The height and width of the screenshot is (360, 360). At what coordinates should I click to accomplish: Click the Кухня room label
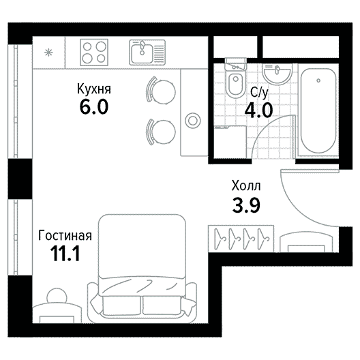point(94,89)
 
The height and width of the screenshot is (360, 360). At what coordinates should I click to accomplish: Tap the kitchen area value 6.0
point(94,107)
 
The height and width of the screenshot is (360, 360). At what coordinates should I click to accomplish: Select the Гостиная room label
point(65,235)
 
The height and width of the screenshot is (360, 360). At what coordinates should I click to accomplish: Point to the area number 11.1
point(65,254)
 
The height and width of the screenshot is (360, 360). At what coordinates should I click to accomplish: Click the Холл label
point(246,185)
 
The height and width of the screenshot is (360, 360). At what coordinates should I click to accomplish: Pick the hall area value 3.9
point(246,205)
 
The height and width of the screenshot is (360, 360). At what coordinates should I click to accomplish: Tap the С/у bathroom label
point(260,93)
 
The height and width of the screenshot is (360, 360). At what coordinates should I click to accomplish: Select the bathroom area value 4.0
point(259,110)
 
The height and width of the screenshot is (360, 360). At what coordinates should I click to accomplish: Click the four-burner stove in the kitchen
point(94,52)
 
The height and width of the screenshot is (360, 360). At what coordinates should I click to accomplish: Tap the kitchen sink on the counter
point(147,52)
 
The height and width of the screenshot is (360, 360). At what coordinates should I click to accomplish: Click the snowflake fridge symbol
point(48,53)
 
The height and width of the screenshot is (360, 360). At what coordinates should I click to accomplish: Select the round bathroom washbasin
point(277,74)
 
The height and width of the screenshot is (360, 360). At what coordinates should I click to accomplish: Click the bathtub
point(318,111)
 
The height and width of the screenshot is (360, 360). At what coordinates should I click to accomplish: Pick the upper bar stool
point(161,91)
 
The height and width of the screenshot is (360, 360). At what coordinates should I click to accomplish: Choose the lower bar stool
point(161,132)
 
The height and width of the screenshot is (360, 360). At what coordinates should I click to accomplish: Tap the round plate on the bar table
point(193,120)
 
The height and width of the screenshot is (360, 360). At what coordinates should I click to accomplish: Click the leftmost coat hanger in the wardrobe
point(220,239)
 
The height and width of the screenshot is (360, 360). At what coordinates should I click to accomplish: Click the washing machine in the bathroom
point(230,142)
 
